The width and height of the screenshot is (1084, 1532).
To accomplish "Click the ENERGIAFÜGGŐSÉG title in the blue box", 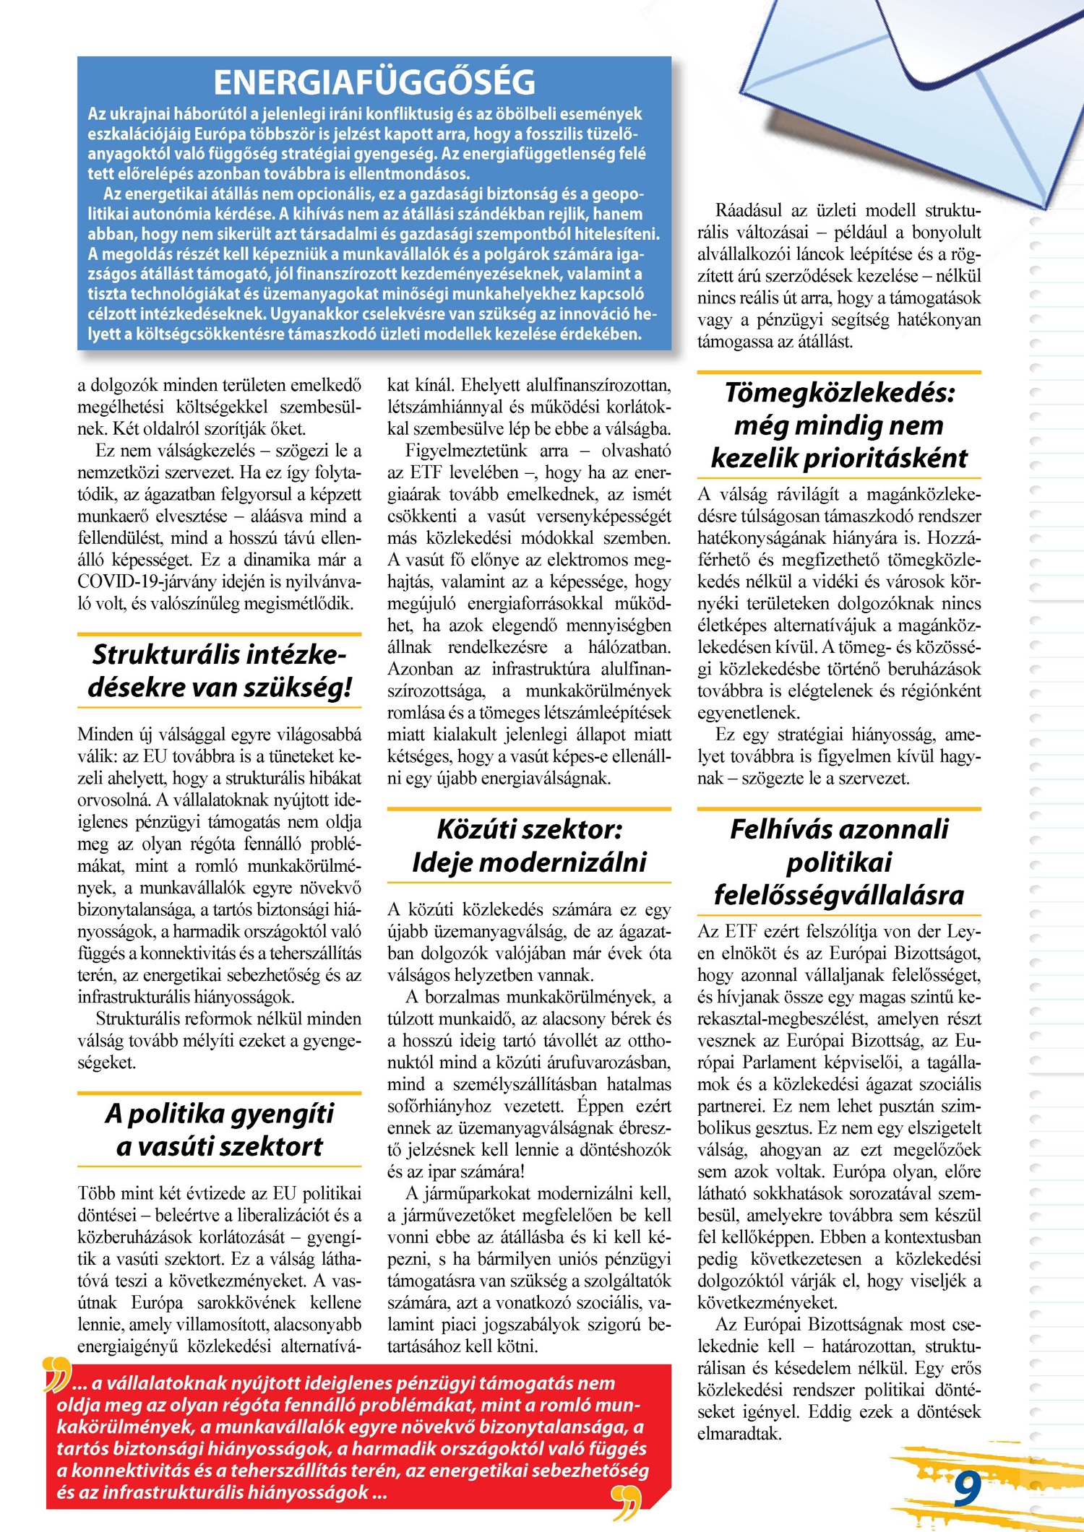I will coord(374,82).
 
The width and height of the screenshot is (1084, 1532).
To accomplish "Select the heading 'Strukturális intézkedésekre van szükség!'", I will coord(220,670).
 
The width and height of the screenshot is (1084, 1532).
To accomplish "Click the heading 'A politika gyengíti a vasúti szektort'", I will coord(220,1130).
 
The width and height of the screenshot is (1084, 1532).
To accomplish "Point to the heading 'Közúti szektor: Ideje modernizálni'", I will coord(529,845).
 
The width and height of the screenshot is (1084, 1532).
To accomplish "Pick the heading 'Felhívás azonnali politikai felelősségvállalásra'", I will coord(839,862).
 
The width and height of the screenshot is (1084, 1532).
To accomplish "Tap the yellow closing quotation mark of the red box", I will coord(626,1501).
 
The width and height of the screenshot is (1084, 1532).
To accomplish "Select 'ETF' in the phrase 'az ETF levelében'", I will coord(426,472).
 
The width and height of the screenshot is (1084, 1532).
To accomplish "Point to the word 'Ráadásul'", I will coord(749,210).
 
